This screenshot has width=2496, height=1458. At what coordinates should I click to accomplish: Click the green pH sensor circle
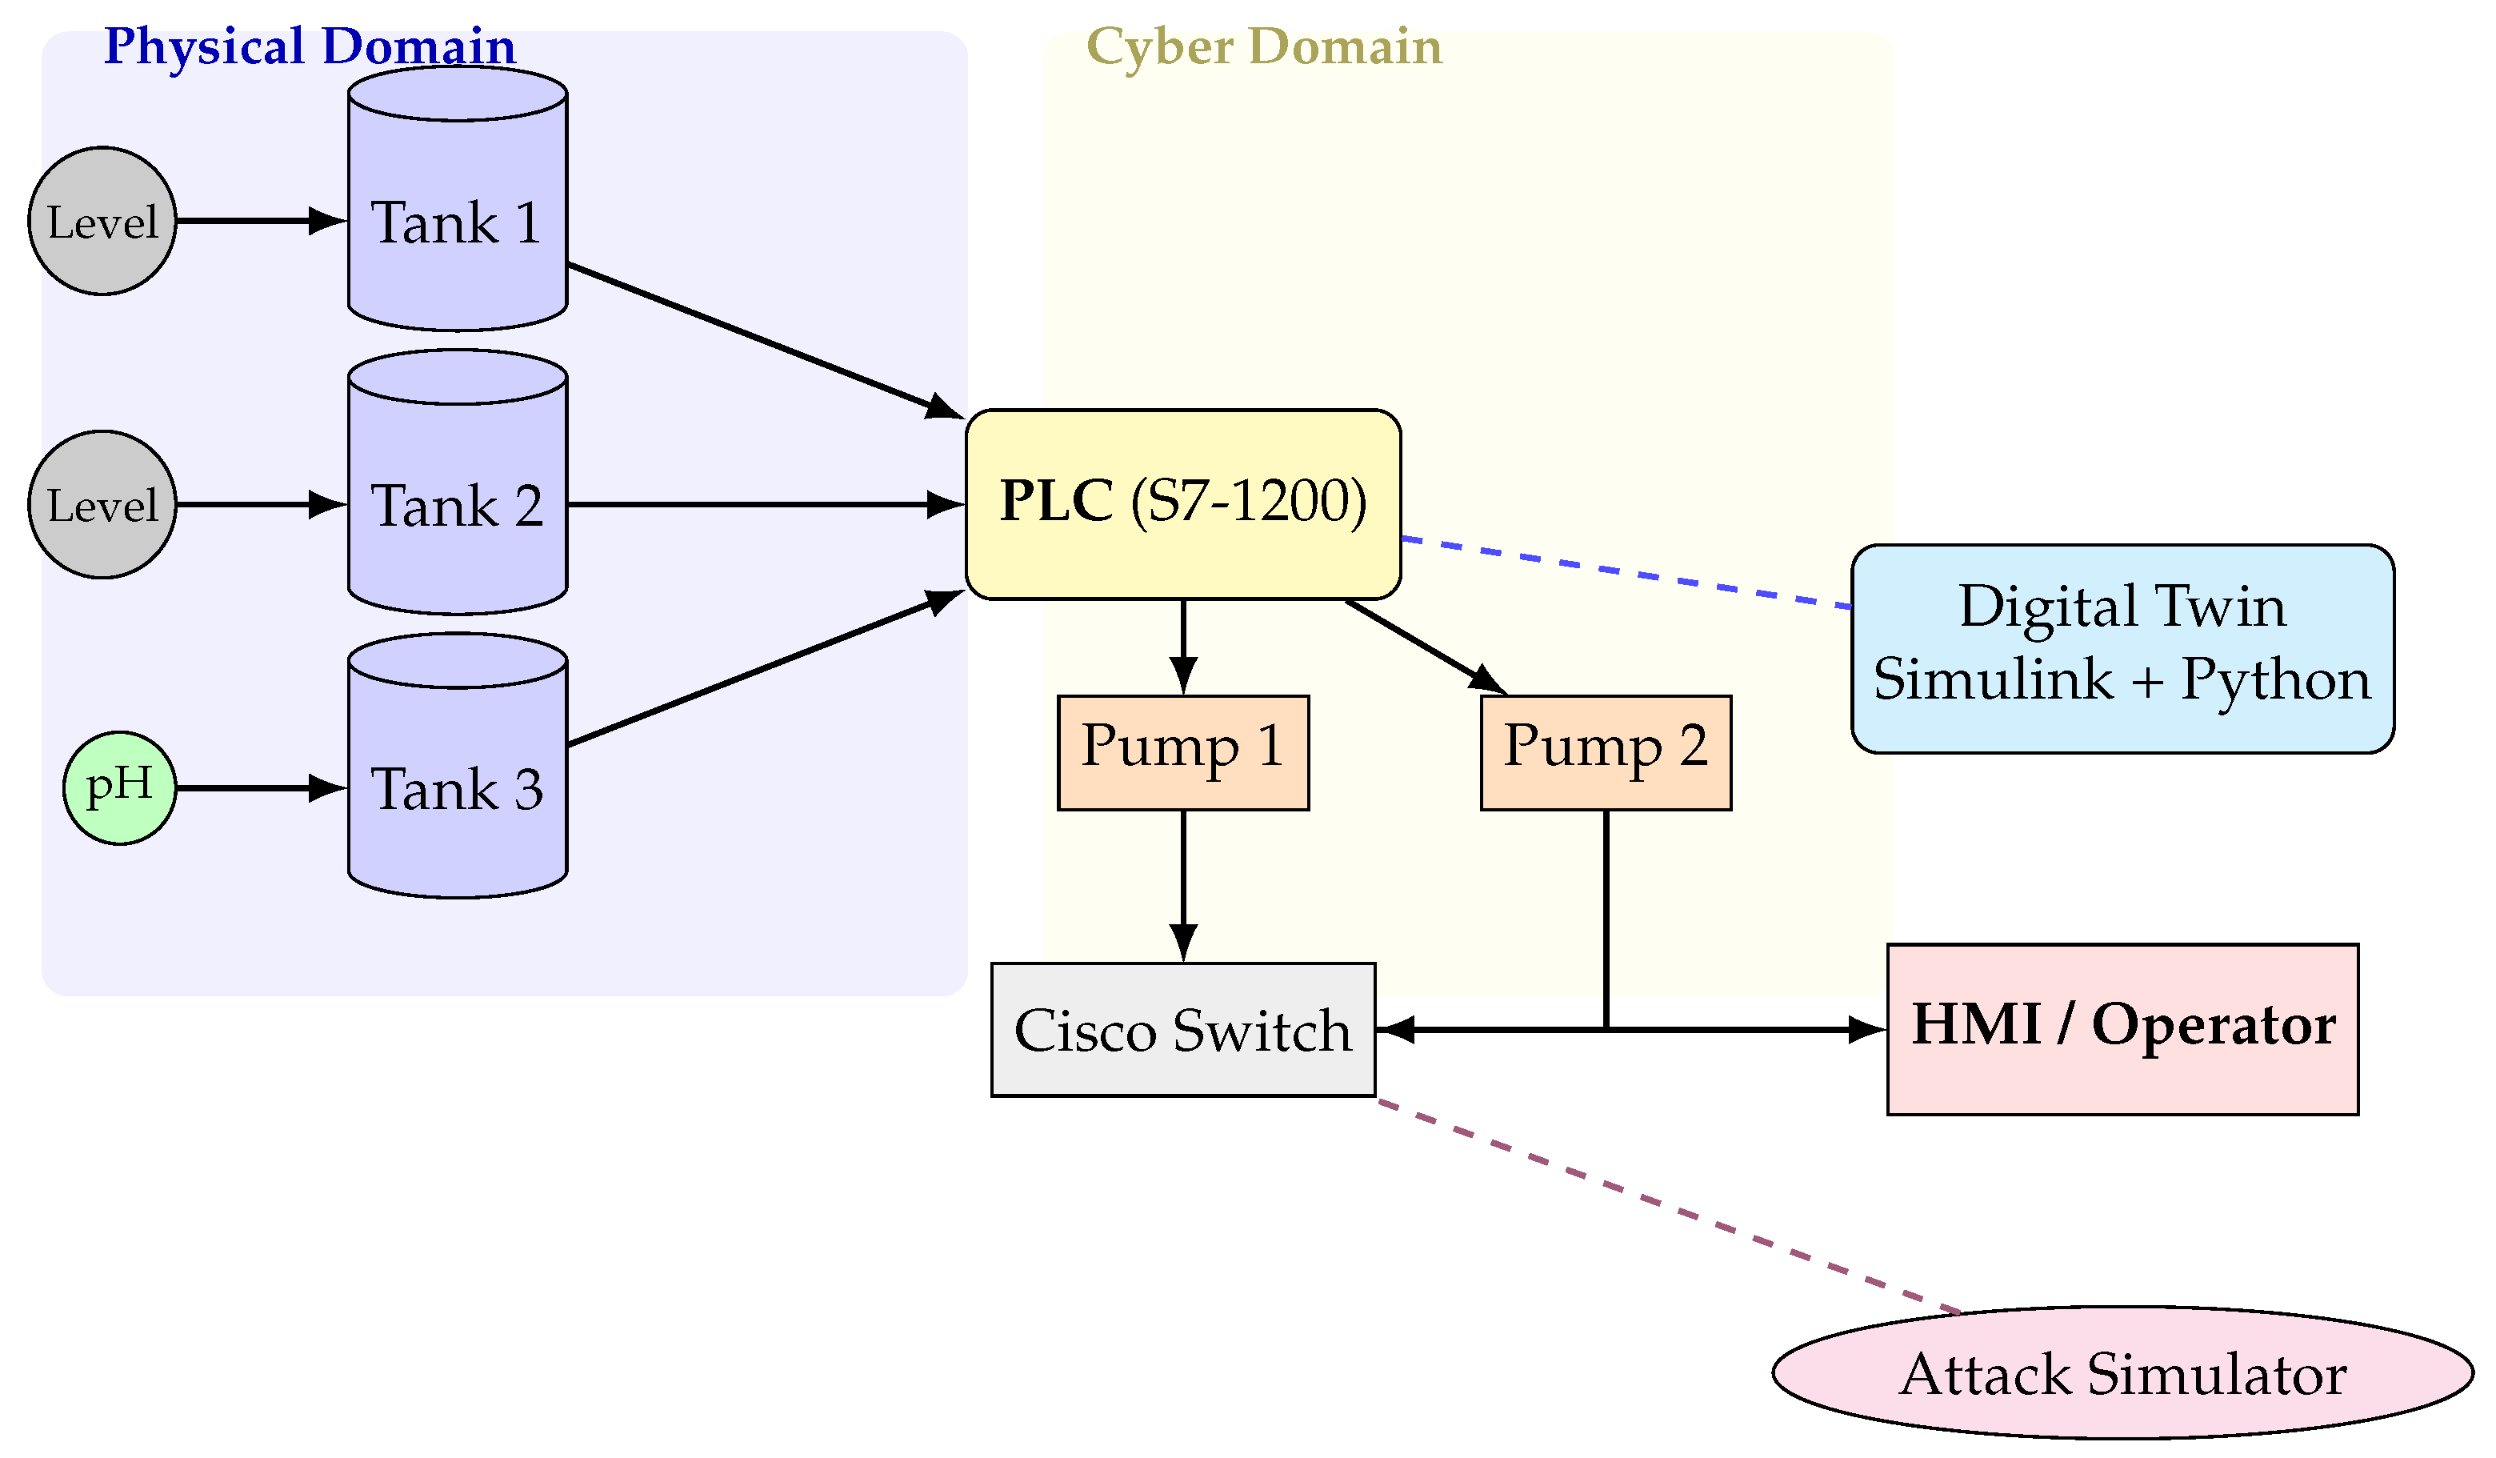coord(120,788)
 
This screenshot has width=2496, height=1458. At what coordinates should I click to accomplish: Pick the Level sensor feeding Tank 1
coord(102,221)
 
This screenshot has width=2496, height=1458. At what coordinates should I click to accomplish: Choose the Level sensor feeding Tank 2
coord(102,504)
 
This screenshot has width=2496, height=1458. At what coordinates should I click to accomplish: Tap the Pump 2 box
coord(1606,753)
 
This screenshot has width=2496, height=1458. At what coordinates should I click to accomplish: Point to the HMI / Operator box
coord(2122,1030)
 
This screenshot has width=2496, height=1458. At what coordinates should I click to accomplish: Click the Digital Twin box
coord(2122,649)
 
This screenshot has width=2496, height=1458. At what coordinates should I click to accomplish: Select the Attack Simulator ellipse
coord(2122,1374)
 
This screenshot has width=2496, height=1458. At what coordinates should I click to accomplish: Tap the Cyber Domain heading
coord(1264,46)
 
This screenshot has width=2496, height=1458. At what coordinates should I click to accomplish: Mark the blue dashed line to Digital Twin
coord(1624,572)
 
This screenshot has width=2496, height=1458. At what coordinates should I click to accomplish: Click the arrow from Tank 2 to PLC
coord(762,504)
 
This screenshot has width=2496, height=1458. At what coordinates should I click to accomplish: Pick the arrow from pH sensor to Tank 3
coord(259,788)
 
